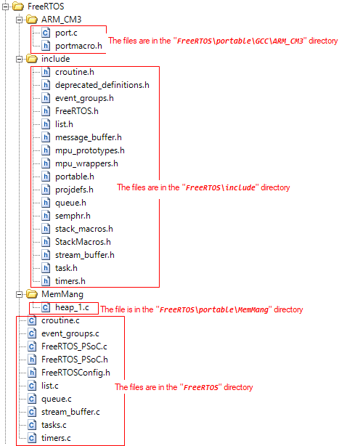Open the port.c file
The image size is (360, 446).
click(x=65, y=33)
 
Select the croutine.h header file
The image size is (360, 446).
click(x=75, y=72)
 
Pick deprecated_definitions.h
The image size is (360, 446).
click(x=102, y=85)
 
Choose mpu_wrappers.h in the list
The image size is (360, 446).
click(x=86, y=163)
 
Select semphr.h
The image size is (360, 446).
click(x=73, y=216)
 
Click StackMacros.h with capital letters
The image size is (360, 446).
click(x=82, y=242)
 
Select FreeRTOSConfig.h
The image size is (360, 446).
click(x=75, y=373)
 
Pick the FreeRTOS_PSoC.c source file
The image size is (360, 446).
click(x=74, y=346)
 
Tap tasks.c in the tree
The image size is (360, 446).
click(x=54, y=425)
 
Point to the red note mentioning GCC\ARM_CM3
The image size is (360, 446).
click(x=223, y=41)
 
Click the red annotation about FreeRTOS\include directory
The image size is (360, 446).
click(x=203, y=187)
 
